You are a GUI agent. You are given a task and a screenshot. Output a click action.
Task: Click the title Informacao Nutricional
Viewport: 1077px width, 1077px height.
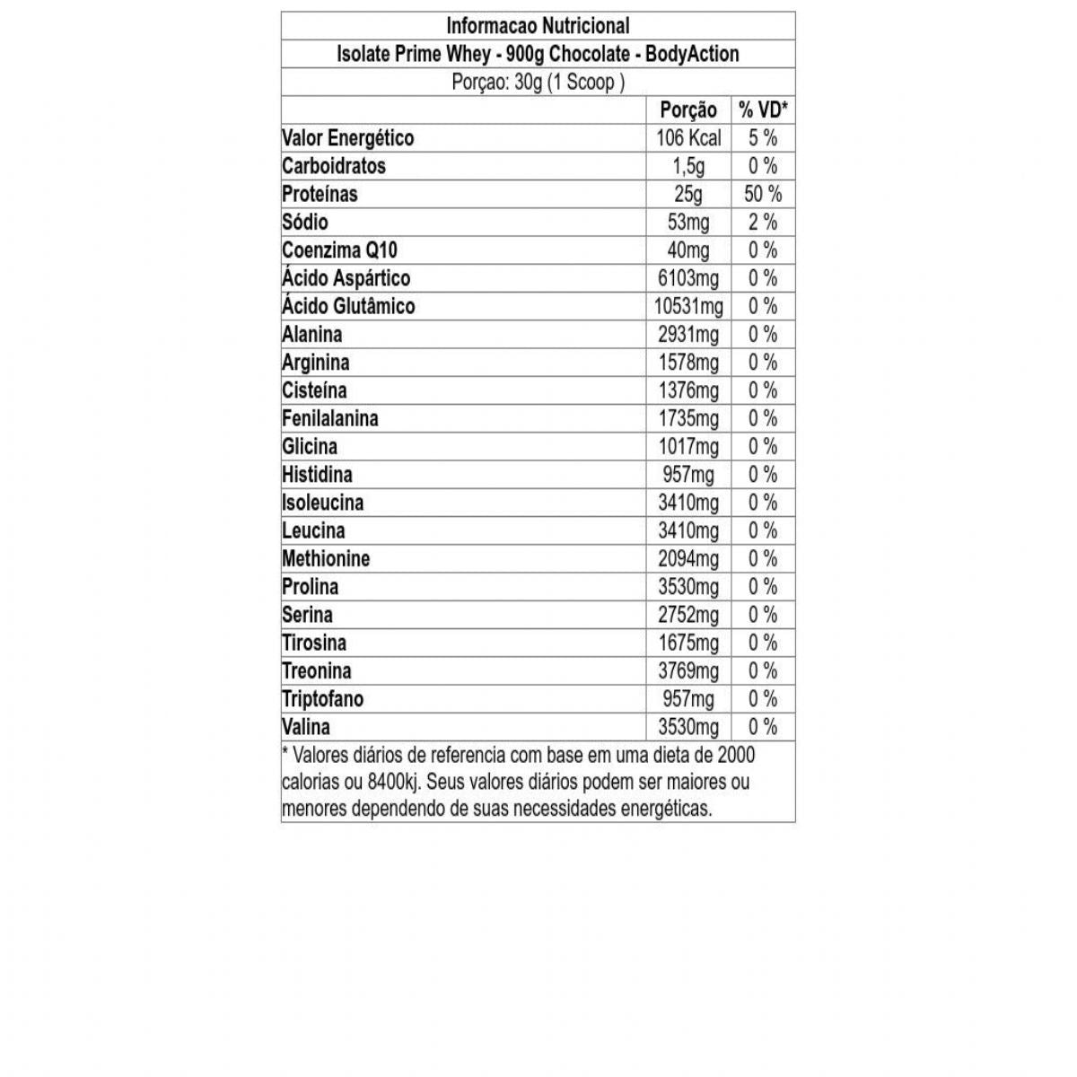538,26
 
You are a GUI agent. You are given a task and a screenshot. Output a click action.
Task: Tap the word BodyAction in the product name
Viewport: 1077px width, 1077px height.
692,54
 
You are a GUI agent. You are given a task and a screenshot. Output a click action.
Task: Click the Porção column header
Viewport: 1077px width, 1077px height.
688,110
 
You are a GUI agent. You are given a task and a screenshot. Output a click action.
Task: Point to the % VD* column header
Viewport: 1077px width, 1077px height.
763,110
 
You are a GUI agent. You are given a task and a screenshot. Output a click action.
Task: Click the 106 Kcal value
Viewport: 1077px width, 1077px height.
688,138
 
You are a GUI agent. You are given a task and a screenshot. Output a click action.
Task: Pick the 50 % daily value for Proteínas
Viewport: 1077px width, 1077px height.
763,194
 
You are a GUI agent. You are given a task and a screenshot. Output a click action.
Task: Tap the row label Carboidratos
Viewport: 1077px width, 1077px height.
334,166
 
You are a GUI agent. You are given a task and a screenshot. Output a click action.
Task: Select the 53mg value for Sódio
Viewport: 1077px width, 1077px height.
688,222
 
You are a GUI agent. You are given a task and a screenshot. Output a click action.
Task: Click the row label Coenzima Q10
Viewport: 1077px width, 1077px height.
339,250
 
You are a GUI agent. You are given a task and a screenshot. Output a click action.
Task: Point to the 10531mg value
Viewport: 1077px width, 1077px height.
688,306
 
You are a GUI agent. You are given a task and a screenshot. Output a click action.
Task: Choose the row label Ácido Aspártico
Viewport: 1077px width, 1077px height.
346,278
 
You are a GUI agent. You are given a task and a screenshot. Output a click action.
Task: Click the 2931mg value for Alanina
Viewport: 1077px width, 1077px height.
688,335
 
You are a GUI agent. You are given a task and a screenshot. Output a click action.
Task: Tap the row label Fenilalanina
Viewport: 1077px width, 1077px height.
330,418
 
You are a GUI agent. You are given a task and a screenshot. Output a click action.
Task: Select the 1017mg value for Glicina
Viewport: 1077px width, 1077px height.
688,447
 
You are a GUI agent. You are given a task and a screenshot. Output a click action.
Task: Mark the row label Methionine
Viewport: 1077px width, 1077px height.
326,559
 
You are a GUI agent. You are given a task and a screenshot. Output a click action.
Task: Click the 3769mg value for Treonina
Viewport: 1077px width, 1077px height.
688,671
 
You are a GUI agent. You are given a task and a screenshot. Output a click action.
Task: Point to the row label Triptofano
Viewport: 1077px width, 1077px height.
322,699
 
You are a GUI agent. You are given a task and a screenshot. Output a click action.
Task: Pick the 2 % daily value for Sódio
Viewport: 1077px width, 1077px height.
763,222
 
